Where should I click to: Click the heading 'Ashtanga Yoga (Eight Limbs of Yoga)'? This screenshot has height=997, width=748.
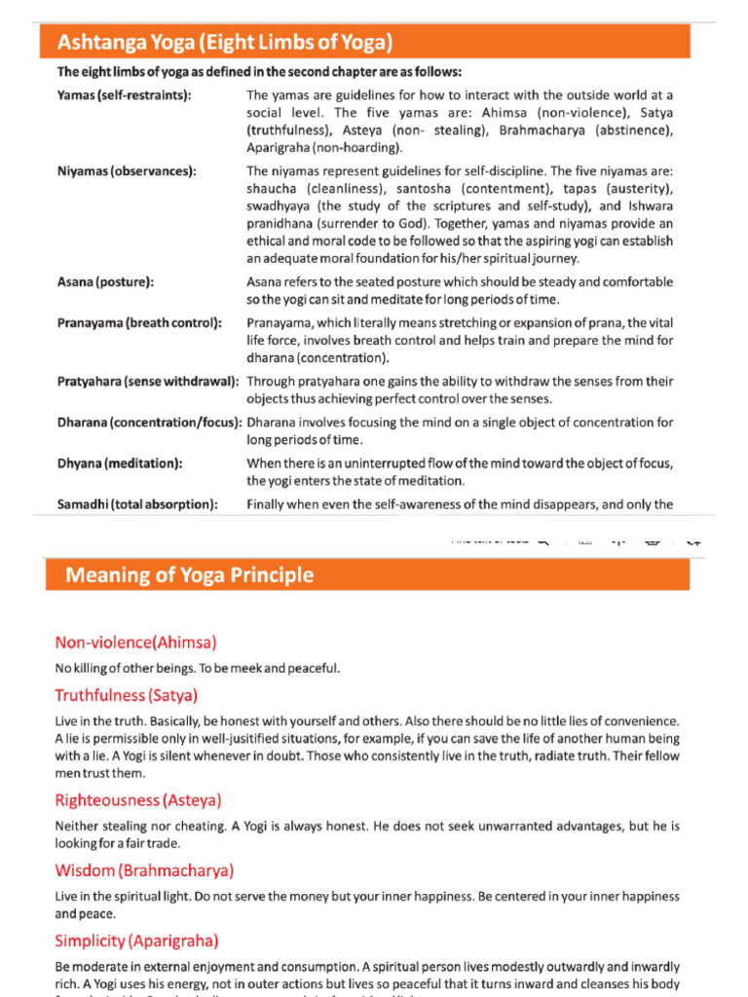click(225, 42)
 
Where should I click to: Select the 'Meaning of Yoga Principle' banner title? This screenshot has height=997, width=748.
click(189, 574)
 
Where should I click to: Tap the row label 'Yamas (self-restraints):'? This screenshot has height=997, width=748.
click(124, 95)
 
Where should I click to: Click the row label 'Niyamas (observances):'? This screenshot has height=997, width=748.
click(127, 170)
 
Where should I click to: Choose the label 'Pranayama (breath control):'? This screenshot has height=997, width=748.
click(138, 322)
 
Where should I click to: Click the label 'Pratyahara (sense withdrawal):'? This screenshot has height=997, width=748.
click(148, 381)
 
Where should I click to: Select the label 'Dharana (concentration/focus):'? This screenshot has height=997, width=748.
click(149, 423)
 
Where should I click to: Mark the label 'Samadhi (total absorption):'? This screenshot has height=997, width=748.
click(137, 503)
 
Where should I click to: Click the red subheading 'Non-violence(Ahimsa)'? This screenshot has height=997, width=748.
click(135, 642)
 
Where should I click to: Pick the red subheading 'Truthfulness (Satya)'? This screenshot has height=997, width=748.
click(127, 695)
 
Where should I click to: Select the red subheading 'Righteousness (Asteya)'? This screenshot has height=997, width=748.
click(138, 800)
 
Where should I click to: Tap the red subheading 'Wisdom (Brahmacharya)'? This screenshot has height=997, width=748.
click(144, 870)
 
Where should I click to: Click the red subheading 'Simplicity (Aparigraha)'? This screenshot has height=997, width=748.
click(136, 941)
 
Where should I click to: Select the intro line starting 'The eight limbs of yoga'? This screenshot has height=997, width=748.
click(259, 72)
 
